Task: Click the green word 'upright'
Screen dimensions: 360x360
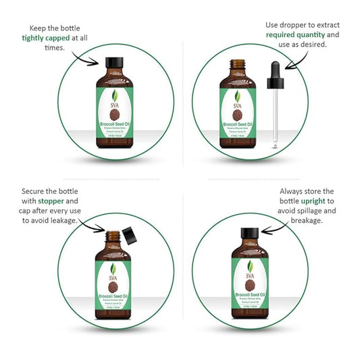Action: click(311, 201)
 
